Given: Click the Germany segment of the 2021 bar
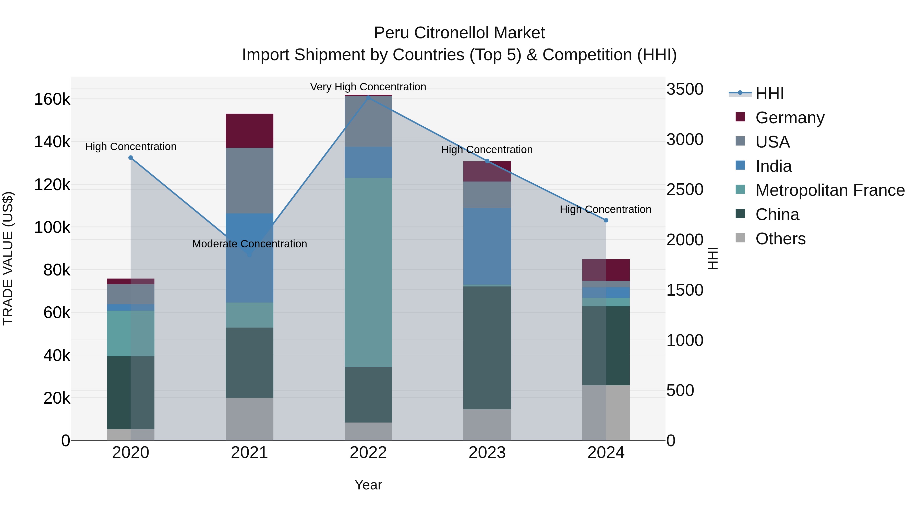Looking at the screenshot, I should tap(249, 130).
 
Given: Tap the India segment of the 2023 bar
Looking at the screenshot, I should tap(487, 246).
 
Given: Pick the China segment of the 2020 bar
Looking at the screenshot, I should tap(130, 392).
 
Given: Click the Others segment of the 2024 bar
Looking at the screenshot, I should tap(606, 413).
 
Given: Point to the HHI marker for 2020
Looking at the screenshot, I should tap(130, 158).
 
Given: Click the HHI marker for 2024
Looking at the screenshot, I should tap(606, 220).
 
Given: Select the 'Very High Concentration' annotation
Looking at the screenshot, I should tap(368, 87).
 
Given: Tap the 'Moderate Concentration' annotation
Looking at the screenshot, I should tap(249, 244).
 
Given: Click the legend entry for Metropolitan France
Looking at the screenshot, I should tap(830, 190).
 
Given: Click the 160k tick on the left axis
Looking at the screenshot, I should tap(52, 99).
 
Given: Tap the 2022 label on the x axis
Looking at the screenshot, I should tap(368, 453).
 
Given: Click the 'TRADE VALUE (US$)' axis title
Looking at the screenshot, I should tap(8, 258).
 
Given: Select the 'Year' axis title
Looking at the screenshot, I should tap(368, 485).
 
